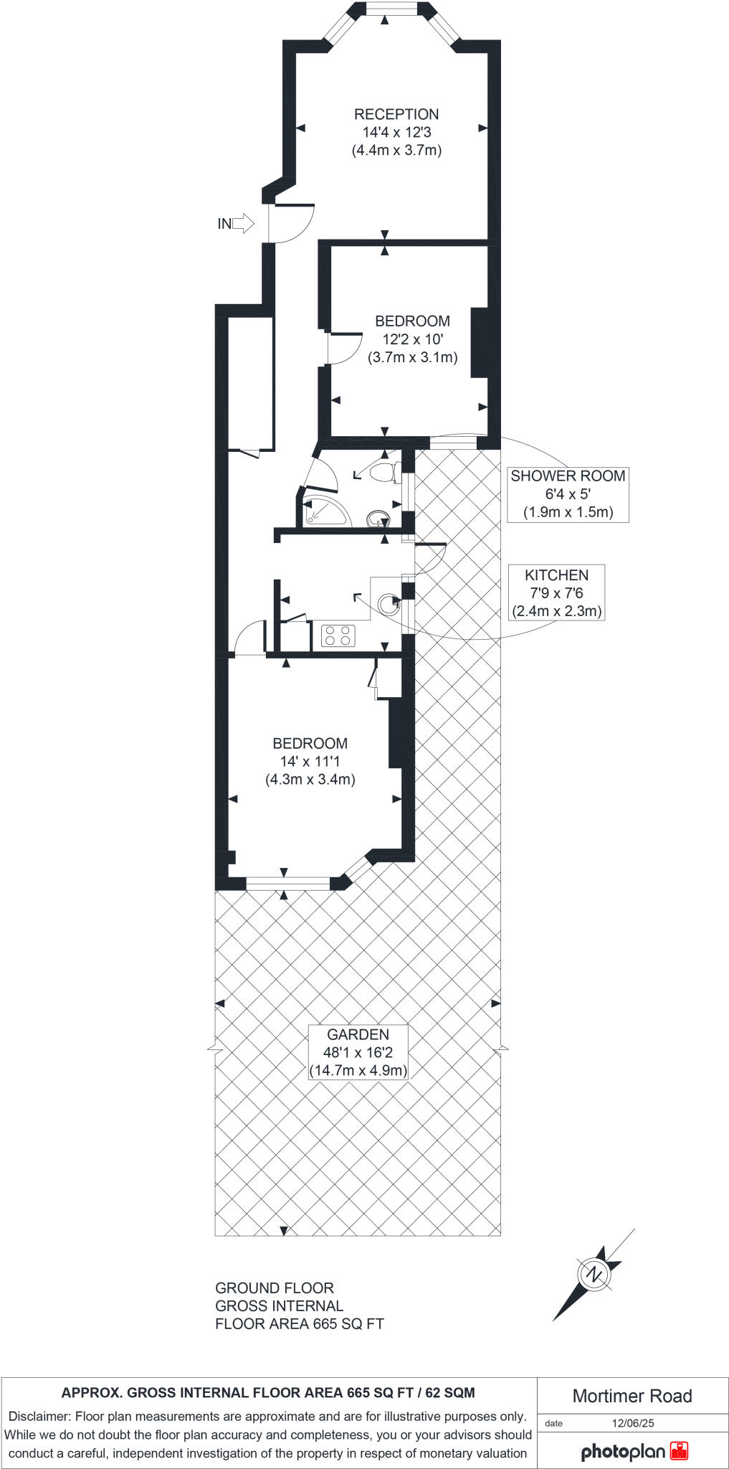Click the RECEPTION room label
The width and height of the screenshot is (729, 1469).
[396, 115]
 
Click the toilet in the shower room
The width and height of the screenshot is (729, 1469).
[381, 472]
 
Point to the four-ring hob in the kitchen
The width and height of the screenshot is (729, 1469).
[338, 635]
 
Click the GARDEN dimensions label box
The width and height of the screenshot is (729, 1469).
[358, 1052]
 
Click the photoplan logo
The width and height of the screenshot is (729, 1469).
[634, 1452]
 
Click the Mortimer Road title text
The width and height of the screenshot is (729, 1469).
[632, 1396]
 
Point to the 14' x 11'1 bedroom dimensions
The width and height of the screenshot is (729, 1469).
[310, 761]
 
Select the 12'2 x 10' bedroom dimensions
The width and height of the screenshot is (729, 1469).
[412, 339]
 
